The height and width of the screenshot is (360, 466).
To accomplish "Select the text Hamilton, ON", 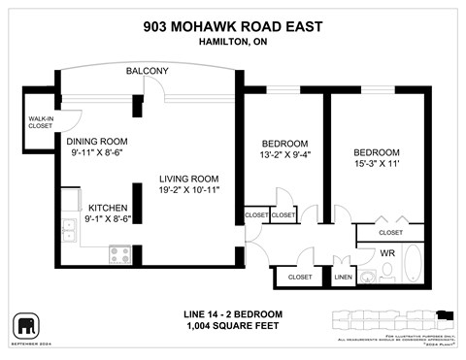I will [232, 42].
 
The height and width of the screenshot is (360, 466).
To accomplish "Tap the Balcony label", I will [147, 72].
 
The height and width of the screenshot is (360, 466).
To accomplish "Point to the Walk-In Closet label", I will [40, 121].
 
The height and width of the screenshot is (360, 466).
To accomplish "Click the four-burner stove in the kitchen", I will [120, 254].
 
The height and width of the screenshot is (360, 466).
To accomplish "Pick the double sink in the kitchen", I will [69, 231].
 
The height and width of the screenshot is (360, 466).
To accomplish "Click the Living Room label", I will [190, 179].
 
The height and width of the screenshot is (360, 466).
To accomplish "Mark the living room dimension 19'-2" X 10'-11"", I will [190, 190].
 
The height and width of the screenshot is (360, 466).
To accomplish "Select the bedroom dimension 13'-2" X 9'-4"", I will [284, 155].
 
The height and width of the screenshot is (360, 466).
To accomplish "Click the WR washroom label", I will [386, 252].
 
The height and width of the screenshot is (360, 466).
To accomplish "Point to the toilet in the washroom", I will [388, 275].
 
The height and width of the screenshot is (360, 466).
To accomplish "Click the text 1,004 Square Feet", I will [232, 327].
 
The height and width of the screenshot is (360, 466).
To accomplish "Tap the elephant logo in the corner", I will [25, 325].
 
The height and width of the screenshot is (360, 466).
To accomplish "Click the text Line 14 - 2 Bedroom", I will [232, 314].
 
